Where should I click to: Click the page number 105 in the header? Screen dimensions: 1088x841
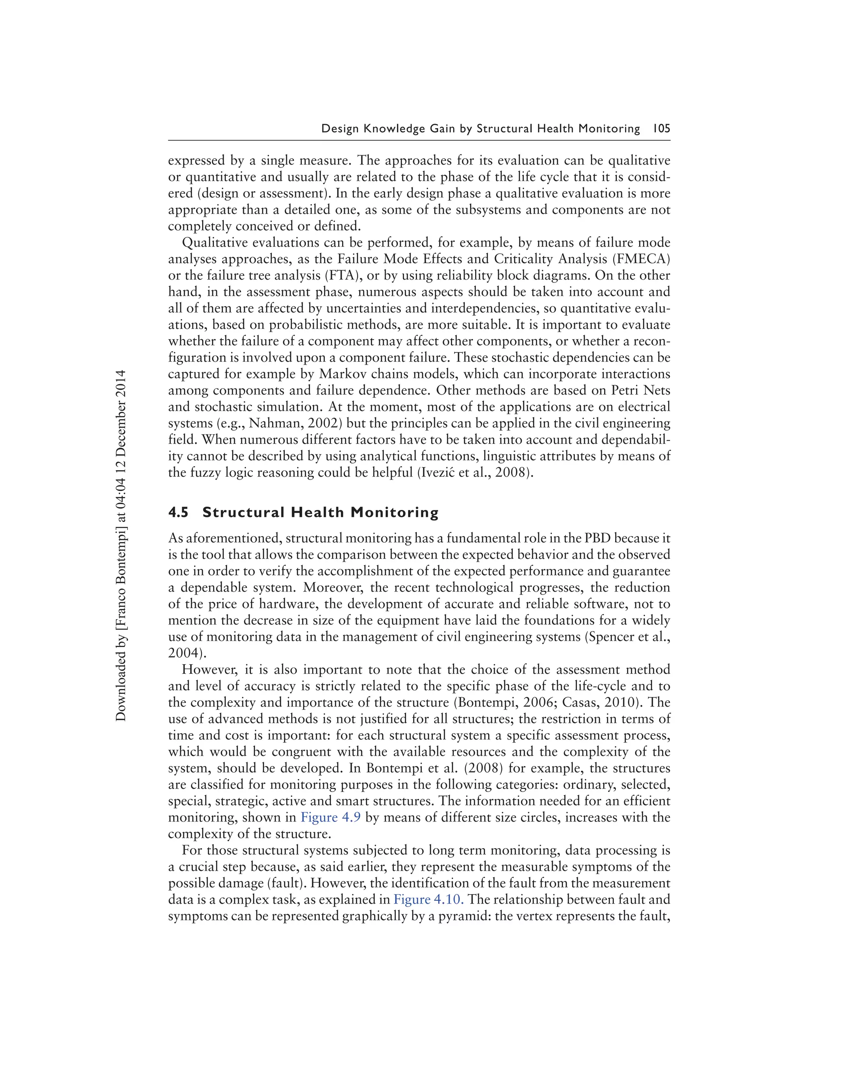(x=661, y=129)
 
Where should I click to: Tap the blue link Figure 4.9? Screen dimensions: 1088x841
(x=330, y=817)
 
